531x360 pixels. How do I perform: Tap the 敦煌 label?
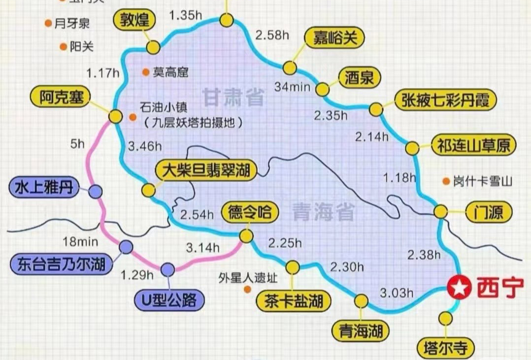pyautogui.click(x=134, y=20)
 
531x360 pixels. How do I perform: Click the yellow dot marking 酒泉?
pyautogui.click(x=322, y=90)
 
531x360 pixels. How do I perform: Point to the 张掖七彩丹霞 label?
pyautogui.click(x=445, y=100)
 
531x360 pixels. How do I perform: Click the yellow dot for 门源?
pyautogui.click(x=440, y=212)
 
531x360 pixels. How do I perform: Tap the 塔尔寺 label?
pyautogui.click(x=445, y=348)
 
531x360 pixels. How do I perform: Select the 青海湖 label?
pyautogui.click(x=361, y=330)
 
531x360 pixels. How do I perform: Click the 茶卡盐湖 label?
pyautogui.click(x=293, y=300)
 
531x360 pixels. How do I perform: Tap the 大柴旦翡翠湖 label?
pyautogui.click(x=206, y=171)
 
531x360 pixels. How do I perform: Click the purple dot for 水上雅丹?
pyautogui.click(x=95, y=192)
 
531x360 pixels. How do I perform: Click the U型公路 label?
pyautogui.click(x=168, y=299)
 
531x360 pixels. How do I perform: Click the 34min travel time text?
pyautogui.click(x=292, y=87)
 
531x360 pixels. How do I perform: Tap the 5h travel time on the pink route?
pyautogui.click(x=77, y=145)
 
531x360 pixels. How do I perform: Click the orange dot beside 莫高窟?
pyautogui.click(x=146, y=72)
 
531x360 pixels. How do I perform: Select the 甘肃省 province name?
pyautogui.click(x=233, y=97)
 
